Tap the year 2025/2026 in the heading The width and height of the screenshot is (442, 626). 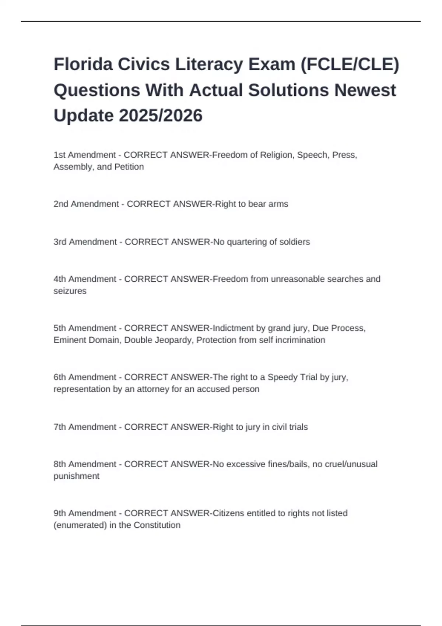pyautogui.click(x=161, y=116)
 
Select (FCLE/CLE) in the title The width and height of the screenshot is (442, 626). pyautogui.click(x=350, y=64)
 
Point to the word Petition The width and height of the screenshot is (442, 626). pyautogui.click(x=129, y=167)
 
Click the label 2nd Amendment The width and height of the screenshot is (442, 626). pyautogui.click(x=86, y=204)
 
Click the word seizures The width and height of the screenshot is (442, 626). pyautogui.click(x=70, y=291)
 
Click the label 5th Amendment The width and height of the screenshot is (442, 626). pyautogui.click(x=85, y=328)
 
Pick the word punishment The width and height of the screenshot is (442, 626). pyautogui.click(x=77, y=476)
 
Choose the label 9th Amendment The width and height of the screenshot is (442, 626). pyautogui.click(x=85, y=513)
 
